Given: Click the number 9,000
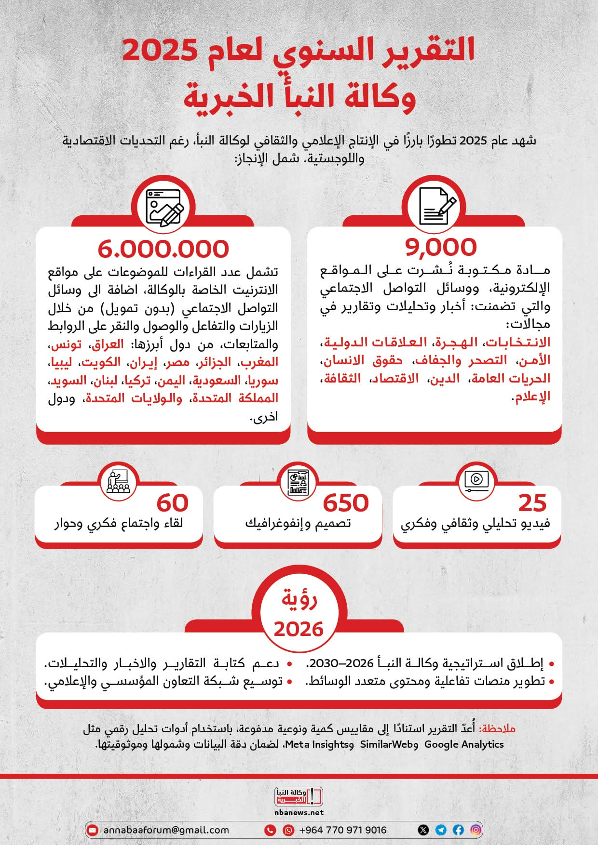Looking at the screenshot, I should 441,247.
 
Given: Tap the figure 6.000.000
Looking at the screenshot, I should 163,249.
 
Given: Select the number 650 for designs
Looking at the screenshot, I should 345,503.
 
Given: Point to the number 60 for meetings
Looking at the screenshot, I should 172,503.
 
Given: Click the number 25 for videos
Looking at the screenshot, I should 532,503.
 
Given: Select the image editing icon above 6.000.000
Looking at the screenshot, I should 164,208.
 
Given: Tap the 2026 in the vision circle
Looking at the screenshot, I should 299,629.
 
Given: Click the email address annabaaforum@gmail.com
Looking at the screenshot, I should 166,830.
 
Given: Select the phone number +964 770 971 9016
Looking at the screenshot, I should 343,830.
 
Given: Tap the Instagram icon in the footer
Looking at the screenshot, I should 476,830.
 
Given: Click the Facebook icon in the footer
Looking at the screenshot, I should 458,830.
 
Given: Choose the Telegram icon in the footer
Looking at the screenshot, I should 441,830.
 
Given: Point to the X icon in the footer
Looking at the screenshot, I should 423,830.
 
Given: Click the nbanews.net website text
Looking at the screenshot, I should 299,812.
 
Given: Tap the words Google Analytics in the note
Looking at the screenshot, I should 464,744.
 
